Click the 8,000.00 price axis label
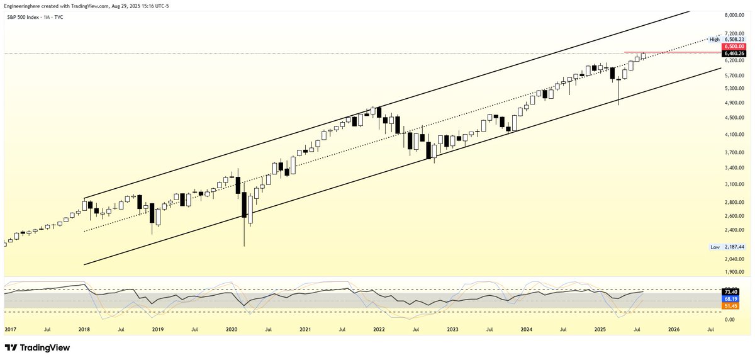click(x=734, y=15)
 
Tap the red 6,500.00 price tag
click(x=734, y=46)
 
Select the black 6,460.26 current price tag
click(x=734, y=53)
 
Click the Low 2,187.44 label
click(x=727, y=247)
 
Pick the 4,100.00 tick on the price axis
click(x=734, y=135)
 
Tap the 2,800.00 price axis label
click(x=734, y=202)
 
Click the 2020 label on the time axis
click(x=232, y=329)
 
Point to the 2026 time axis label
click(x=674, y=329)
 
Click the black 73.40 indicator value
click(x=734, y=292)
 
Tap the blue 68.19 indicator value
click(x=734, y=299)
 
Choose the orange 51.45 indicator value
click(x=734, y=306)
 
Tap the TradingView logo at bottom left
click(x=37, y=347)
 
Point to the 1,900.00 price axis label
click(x=734, y=272)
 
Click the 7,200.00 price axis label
click(x=734, y=33)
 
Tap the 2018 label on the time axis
click(x=84, y=329)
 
